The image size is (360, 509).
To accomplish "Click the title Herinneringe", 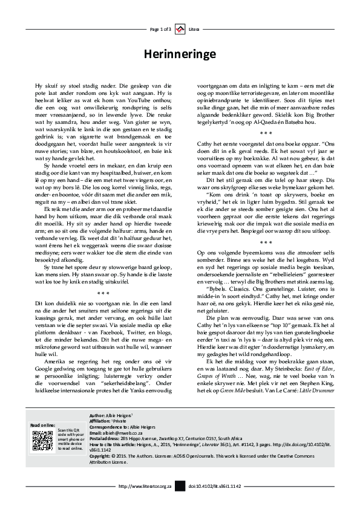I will pyautogui.click(x=180, y=54).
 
